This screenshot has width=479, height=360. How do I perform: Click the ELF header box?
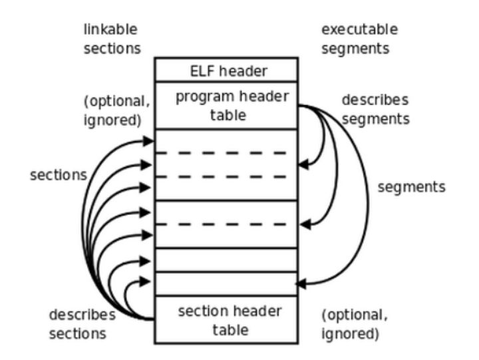tap(226, 69)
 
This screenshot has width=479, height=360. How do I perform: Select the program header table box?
tap(226, 105)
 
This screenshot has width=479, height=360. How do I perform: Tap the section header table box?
tap(226, 320)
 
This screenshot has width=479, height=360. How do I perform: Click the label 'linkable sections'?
tap(112, 39)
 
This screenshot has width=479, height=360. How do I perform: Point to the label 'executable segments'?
tap(359, 39)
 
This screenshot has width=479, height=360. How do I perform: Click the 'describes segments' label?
tap(375, 108)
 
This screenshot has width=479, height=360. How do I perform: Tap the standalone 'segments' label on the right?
tap(411, 187)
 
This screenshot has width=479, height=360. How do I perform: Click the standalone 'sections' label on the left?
tap(59, 175)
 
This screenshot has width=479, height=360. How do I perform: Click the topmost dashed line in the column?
tap(226, 153)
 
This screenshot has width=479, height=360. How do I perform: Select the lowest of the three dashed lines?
tap(226, 225)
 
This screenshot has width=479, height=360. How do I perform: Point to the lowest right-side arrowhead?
tap(301, 283)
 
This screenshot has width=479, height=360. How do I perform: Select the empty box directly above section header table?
tap(226, 283)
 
